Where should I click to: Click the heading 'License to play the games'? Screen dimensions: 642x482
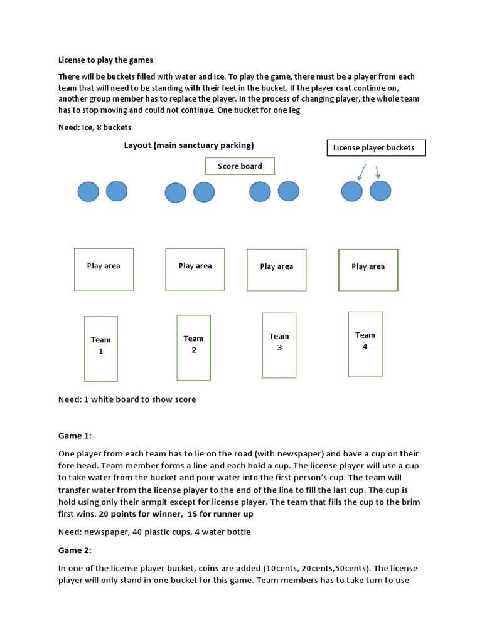(x=105, y=60)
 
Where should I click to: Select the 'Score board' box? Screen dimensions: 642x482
(x=240, y=166)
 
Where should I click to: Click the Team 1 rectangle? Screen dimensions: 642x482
(x=101, y=349)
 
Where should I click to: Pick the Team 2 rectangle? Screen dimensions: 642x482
(x=193, y=347)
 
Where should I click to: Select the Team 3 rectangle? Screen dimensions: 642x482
(x=279, y=345)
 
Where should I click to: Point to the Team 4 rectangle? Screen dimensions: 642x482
(x=365, y=344)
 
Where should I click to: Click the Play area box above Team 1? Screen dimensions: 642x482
(x=104, y=269)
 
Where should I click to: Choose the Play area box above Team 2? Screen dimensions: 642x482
(x=195, y=269)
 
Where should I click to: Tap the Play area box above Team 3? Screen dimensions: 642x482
(x=277, y=270)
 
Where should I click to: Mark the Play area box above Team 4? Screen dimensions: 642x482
(x=368, y=270)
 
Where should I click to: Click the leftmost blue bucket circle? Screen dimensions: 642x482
(x=88, y=191)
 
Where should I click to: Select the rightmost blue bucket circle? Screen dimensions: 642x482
(x=380, y=191)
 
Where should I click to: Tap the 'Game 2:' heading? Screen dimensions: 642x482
(x=75, y=550)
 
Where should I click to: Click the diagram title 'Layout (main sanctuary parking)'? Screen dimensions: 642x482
(x=189, y=145)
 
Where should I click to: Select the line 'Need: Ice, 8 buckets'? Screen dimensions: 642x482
(x=95, y=127)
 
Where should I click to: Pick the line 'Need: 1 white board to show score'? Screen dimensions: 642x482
(x=127, y=399)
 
